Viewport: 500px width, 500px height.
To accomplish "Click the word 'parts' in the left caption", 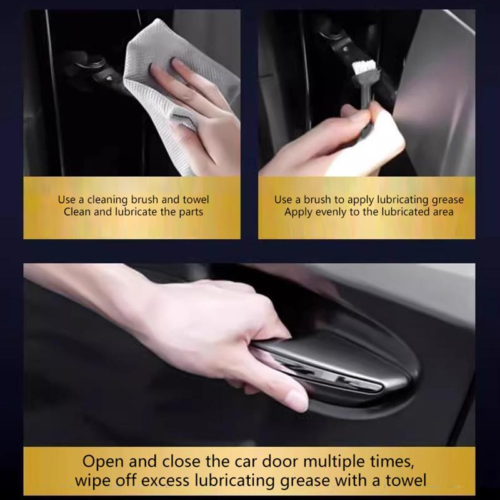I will (x=189, y=212).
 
